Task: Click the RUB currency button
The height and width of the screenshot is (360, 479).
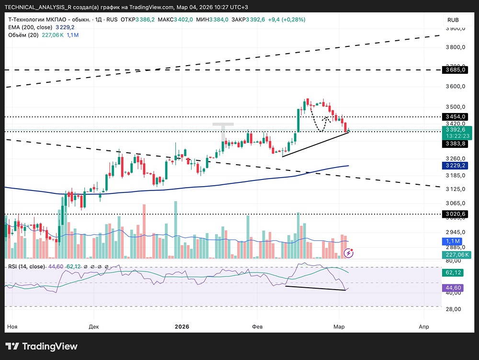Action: pos(453,20)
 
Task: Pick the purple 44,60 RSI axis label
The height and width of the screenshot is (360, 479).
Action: pos(453,288)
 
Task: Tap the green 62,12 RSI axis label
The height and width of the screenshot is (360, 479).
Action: pos(453,272)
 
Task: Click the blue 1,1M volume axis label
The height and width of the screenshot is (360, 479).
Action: pos(453,241)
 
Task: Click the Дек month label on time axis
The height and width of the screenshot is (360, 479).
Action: pos(94,326)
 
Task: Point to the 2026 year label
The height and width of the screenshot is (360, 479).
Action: pos(182,326)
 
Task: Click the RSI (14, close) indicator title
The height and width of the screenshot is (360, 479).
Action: pos(26,266)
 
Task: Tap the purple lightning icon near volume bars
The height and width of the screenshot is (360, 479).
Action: pos(350,252)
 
